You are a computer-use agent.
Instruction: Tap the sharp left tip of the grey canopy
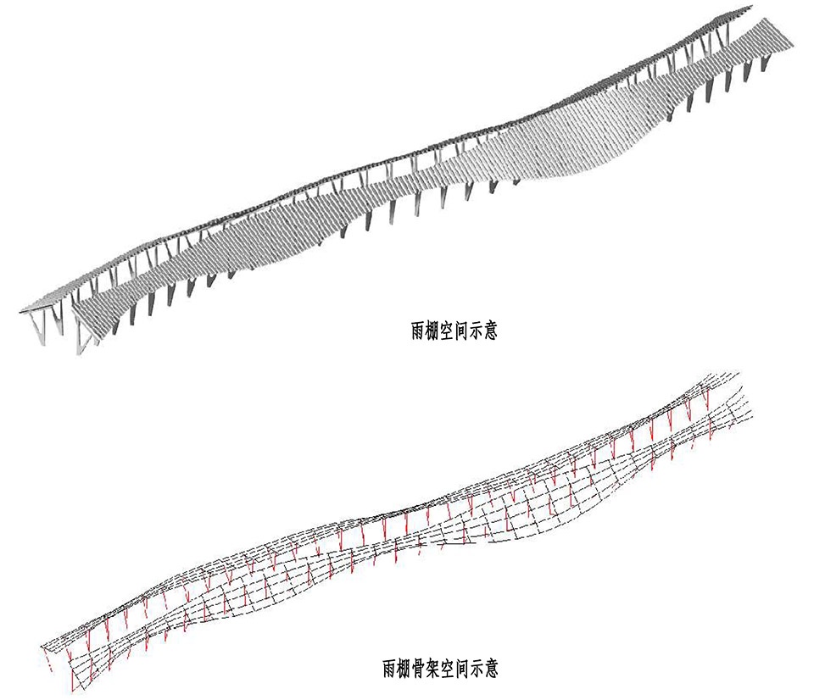(x=20, y=314)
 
